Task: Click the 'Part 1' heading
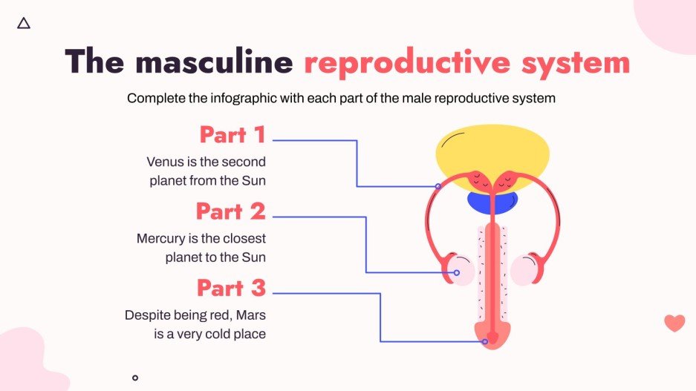click(232, 135)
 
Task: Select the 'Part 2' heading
click(230, 211)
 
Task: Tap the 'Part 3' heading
click(231, 288)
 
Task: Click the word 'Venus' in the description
click(163, 161)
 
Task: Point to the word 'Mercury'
click(160, 239)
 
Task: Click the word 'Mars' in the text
click(250, 315)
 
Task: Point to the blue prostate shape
click(492, 200)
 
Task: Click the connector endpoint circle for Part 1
click(438, 186)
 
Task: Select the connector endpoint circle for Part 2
click(457, 273)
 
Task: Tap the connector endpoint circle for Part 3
click(484, 342)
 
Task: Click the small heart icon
click(674, 323)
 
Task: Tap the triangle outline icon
click(24, 23)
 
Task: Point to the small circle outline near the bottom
click(134, 378)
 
